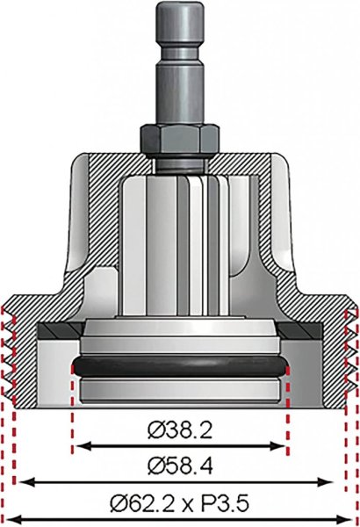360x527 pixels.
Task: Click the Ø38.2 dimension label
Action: pos(180,430)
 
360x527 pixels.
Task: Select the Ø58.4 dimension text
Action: pos(180,467)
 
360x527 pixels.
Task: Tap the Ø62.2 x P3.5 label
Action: pos(180,504)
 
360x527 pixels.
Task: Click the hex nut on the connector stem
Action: pos(180,139)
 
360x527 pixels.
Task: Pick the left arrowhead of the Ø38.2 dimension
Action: pos(82,446)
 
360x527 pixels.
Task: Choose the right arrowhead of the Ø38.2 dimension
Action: pos(278,446)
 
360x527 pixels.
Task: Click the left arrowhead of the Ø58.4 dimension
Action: pos(27,483)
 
